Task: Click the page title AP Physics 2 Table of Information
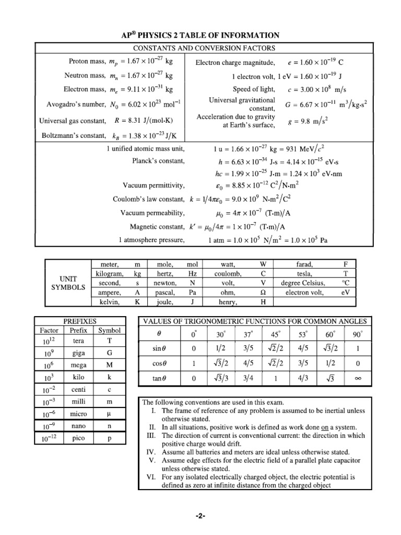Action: pos(200,35)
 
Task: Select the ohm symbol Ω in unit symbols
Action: pos(263,293)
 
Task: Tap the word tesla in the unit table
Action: pos(304,273)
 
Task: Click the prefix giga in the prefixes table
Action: pos(78,353)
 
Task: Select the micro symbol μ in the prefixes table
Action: pos(110,414)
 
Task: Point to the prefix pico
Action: pos(78,438)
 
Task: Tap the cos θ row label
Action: pos(159,364)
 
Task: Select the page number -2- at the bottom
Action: pos(200,516)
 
